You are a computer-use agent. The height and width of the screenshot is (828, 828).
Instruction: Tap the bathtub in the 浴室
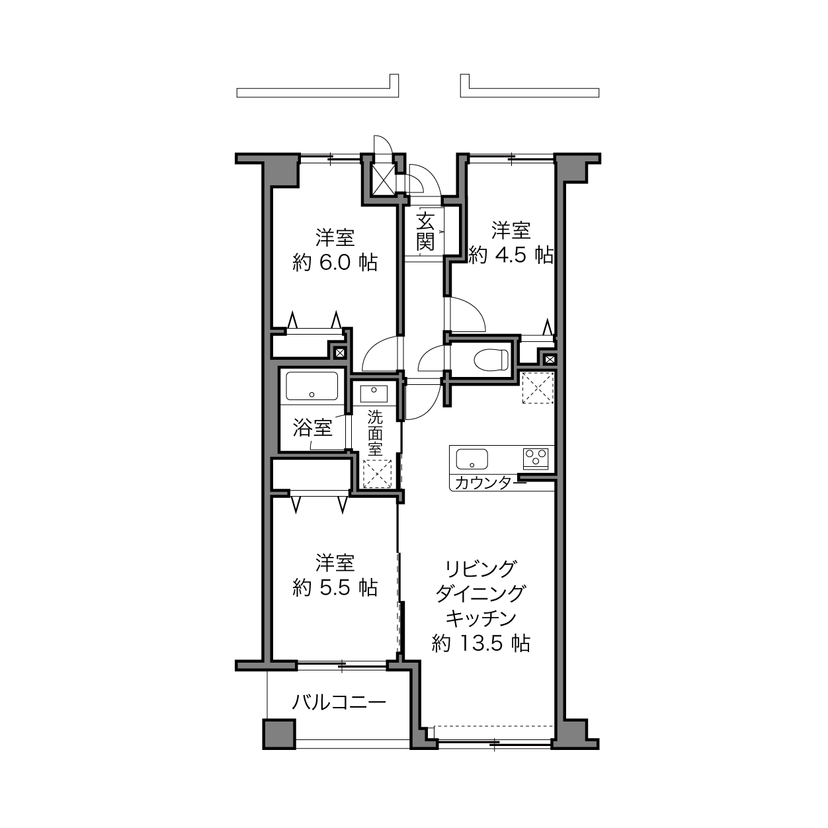pyautogui.click(x=311, y=386)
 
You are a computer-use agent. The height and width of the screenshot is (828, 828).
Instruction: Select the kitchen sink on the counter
pyautogui.click(x=472, y=459)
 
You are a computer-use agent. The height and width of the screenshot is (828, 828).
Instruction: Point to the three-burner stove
pyautogui.click(x=536, y=458)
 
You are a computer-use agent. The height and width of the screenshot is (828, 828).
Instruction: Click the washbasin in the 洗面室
pyautogui.click(x=374, y=393)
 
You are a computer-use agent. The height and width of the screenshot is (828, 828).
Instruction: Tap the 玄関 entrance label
pyautogui.click(x=425, y=231)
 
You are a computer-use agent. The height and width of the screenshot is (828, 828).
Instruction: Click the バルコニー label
pyautogui.click(x=339, y=702)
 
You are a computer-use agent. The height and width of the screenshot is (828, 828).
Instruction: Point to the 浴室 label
pyautogui.click(x=312, y=427)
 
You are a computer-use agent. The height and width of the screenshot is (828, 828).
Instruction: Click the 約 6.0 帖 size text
pyautogui.click(x=335, y=263)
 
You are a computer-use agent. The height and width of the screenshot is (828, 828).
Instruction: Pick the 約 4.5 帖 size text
pyautogui.click(x=511, y=255)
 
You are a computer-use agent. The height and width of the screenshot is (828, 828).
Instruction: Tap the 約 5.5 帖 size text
pyautogui.click(x=335, y=587)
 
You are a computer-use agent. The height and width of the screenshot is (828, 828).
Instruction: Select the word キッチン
pyautogui.click(x=481, y=619)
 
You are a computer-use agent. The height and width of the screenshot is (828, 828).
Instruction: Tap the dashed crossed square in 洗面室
pyautogui.click(x=377, y=474)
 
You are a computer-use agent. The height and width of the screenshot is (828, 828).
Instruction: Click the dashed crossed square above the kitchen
pyautogui.click(x=538, y=388)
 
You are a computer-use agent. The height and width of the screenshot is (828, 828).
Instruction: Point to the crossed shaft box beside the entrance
pyautogui.click(x=383, y=179)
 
